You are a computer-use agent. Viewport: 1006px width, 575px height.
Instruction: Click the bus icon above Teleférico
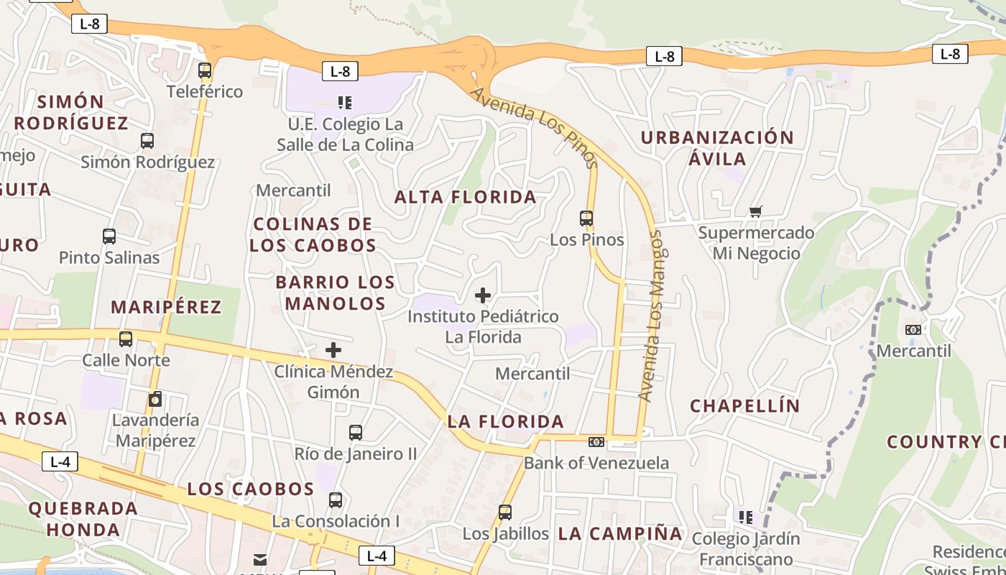(205, 70)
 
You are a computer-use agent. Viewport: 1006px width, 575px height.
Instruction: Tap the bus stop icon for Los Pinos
(586, 218)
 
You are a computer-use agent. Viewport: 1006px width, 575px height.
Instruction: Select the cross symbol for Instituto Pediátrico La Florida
(483, 295)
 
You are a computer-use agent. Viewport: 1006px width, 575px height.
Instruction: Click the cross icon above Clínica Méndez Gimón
(333, 350)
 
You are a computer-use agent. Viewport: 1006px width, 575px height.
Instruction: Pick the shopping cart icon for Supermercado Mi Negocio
(755, 211)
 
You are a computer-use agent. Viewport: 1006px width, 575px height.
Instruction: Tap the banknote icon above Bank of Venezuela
(596, 442)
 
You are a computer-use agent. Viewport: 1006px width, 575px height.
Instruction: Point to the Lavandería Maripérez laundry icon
(155, 399)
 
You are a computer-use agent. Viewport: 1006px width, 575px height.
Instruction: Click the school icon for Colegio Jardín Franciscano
(746, 517)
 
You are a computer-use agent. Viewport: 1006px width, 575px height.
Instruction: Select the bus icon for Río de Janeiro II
(356, 433)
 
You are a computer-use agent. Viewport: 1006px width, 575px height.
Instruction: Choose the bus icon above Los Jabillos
(505, 512)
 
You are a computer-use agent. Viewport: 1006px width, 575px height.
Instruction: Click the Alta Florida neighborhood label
(466, 197)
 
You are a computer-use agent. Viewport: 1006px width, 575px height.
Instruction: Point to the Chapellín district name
(745, 406)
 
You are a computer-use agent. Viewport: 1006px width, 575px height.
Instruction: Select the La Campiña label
(620, 534)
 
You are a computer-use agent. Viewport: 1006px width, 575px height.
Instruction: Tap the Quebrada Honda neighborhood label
(83, 520)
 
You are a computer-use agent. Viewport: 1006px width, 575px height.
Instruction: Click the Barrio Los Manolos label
(336, 293)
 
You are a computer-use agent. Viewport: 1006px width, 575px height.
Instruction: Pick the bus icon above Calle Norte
(126, 339)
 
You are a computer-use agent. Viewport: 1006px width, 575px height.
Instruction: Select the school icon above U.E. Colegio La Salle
(344, 103)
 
